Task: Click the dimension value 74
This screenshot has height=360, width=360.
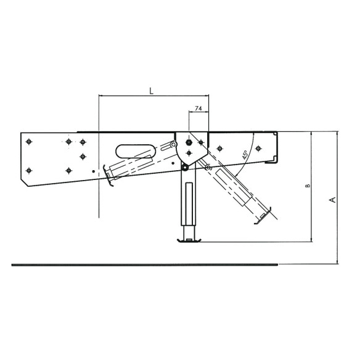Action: tap(198, 109)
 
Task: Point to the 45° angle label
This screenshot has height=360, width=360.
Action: tap(244, 154)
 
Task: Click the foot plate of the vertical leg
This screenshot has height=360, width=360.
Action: tap(190, 239)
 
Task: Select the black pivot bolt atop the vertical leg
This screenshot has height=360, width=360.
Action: tap(185, 164)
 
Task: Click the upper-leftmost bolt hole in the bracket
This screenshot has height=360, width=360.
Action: tap(27, 141)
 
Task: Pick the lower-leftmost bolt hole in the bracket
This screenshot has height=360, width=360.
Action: tap(27, 170)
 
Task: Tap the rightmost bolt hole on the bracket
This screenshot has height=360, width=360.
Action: tap(258, 147)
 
